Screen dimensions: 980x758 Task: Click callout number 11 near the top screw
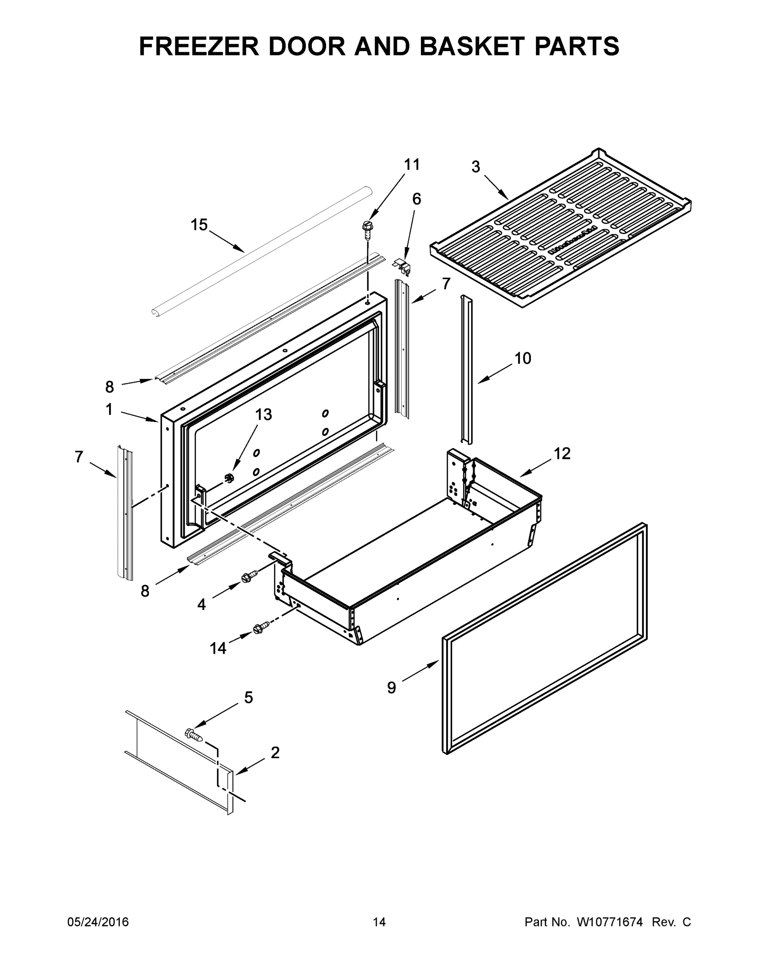pyautogui.click(x=412, y=165)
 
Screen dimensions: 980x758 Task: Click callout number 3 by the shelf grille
pyautogui.click(x=476, y=167)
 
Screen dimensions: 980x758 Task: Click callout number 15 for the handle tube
pyautogui.click(x=199, y=224)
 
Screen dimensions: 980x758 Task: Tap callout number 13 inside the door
pyautogui.click(x=264, y=414)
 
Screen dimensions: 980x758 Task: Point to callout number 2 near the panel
pyautogui.click(x=275, y=753)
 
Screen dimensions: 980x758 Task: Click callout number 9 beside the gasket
pyautogui.click(x=391, y=688)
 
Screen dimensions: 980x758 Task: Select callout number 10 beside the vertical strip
pyautogui.click(x=522, y=358)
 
